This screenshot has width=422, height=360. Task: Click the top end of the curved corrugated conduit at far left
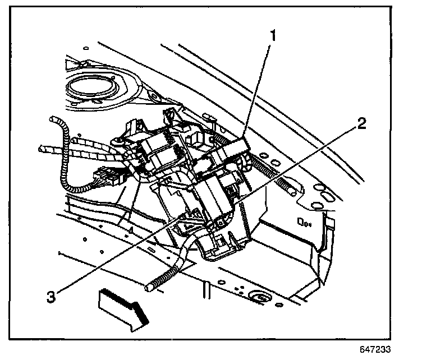(54, 120)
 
